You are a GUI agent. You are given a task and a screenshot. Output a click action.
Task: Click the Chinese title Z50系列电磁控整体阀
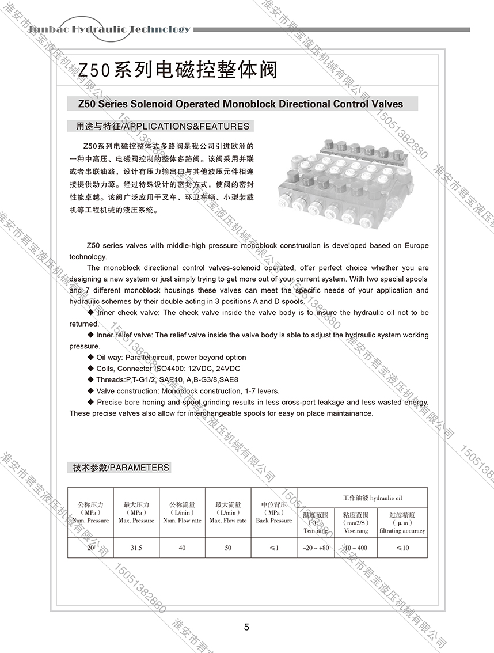click(178, 70)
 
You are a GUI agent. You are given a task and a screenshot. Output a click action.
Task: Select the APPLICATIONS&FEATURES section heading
click(158, 126)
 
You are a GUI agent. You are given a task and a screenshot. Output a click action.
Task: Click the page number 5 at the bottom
click(246, 627)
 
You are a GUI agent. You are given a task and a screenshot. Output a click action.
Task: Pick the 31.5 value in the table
click(136, 548)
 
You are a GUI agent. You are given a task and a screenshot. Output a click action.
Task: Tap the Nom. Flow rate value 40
click(182, 548)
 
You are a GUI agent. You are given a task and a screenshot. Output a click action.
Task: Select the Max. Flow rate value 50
click(228, 548)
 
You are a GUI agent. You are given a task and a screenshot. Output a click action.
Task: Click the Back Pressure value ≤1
click(273, 548)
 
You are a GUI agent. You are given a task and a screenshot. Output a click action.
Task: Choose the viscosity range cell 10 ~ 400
click(355, 548)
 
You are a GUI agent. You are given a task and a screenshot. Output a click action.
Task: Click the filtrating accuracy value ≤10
click(402, 548)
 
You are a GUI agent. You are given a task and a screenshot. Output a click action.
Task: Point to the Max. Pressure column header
click(136, 512)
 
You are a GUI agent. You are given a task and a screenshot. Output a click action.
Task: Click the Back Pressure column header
click(273, 512)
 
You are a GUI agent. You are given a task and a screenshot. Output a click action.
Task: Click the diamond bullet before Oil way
click(90, 358)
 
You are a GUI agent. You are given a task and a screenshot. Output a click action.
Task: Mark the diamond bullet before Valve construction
click(90, 391)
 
